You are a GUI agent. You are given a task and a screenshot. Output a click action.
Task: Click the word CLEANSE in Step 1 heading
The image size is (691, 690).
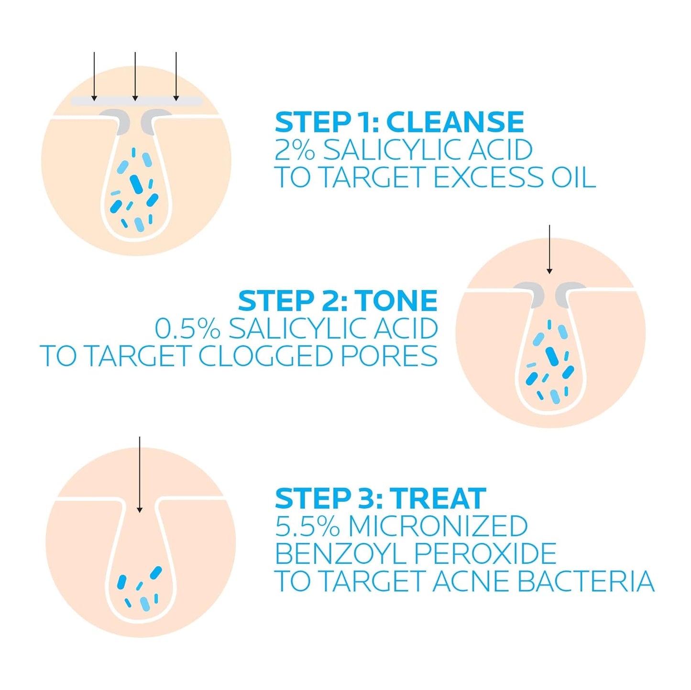pos(455,122)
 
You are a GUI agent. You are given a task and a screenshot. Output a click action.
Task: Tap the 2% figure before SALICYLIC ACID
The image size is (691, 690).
pos(295,150)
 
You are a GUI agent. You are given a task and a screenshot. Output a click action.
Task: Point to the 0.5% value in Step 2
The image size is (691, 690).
pos(187,329)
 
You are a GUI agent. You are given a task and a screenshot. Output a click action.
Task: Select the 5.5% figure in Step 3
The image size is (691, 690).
pos(307,526)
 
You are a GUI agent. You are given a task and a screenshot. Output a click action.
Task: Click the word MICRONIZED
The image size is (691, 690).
pos(438,526)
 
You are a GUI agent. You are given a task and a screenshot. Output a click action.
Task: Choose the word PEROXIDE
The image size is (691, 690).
pos(485,554)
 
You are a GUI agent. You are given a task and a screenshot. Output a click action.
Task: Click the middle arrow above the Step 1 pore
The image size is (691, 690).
pos(135,76)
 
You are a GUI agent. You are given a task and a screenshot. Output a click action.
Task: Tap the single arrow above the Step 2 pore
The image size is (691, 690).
pos(549,249)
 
